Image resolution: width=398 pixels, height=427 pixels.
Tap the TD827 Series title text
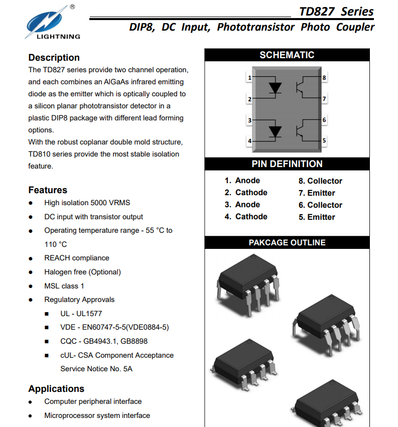click(x=336, y=12)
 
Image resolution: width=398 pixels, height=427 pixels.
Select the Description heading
click(x=54, y=58)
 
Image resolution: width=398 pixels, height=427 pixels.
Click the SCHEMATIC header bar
click(x=287, y=55)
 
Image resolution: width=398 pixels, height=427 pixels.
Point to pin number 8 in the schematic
click(x=324, y=78)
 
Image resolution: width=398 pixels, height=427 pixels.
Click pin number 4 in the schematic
click(x=249, y=141)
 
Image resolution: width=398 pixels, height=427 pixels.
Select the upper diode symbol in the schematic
click(x=275, y=88)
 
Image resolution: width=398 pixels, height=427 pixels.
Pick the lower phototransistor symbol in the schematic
click(x=302, y=131)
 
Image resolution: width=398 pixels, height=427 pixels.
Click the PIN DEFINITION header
click(x=287, y=164)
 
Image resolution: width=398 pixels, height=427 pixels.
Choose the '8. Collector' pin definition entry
click(x=320, y=181)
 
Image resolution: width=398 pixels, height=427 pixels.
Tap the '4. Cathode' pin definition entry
click(x=246, y=217)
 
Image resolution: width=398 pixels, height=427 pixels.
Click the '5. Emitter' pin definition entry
click(x=317, y=217)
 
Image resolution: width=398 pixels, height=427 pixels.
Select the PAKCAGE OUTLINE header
click(x=287, y=243)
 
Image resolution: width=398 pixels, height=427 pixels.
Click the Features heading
click(x=48, y=190)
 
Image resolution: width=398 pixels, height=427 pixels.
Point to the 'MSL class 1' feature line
click(x=64, y=286)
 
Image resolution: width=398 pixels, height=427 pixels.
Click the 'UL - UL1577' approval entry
click(x=81, y=314)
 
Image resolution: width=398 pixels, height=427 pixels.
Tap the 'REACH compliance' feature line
click(x=77, y=258)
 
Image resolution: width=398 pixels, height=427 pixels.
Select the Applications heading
click(x=56, y=389)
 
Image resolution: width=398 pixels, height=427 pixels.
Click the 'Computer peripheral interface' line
click(x=93, y=401)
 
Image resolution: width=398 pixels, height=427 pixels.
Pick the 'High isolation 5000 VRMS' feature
click(x=87, y=203)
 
